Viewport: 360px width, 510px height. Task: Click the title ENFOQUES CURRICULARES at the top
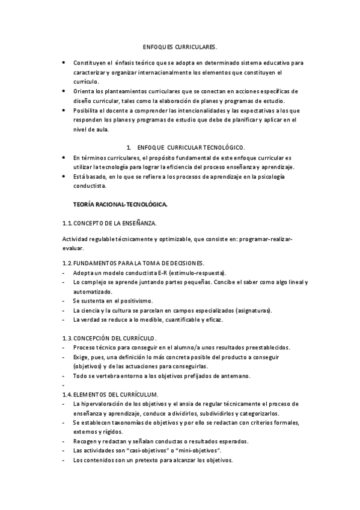click(180, 47)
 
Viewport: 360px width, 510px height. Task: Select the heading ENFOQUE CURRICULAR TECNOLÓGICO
click(191, 147)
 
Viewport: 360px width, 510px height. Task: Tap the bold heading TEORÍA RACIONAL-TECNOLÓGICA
click(120, 205)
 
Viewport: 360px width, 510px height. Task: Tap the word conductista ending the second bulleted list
click(91, 186)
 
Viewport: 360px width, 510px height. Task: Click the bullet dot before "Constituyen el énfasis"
click(64, 63)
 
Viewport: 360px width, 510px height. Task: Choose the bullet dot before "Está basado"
click(64, 177)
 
